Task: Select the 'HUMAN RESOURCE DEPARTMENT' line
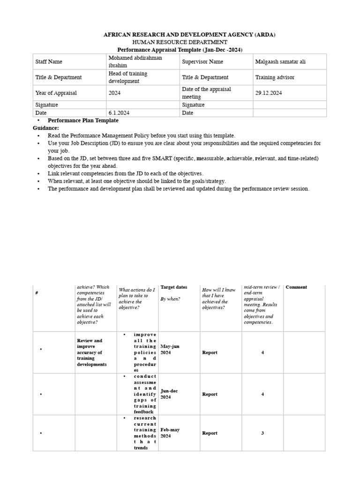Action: coord(180,42)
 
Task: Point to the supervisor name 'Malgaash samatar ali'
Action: coord(280,61)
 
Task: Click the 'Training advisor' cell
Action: coord(275,77)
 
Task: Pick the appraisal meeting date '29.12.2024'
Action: coord(269,93)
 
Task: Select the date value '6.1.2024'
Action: coord(117,113)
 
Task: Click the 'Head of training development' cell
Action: coord(128,77)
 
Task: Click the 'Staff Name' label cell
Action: coord(49,61)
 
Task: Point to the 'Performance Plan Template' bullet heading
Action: coord(83,120)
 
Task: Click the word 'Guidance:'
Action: coord(46,128)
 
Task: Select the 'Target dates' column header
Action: coord(174,287)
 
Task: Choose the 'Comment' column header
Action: coord(296,287)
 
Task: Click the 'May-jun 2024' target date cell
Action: coord(170,349)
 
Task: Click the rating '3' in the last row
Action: coord(262,433)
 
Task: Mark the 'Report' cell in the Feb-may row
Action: coord(210,433)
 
